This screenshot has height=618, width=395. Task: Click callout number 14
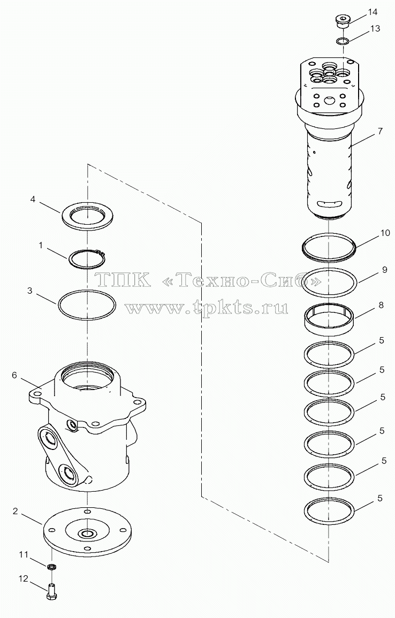coord(373,12)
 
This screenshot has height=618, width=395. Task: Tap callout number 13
coord(375,29)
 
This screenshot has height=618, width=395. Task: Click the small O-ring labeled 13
coord(343,41)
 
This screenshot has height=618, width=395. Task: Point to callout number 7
coord(380,131)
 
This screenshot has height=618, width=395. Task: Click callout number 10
coord(385,233)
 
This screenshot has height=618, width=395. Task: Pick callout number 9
coord(384,270)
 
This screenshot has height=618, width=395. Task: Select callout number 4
coord(33,200)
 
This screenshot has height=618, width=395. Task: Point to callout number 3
coord(29,291)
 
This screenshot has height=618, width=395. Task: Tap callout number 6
coord(14,375)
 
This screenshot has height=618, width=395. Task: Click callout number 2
coord(15,511)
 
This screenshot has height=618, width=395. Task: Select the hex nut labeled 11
coord(51,567)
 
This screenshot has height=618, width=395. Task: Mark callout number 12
coord(23,578)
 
